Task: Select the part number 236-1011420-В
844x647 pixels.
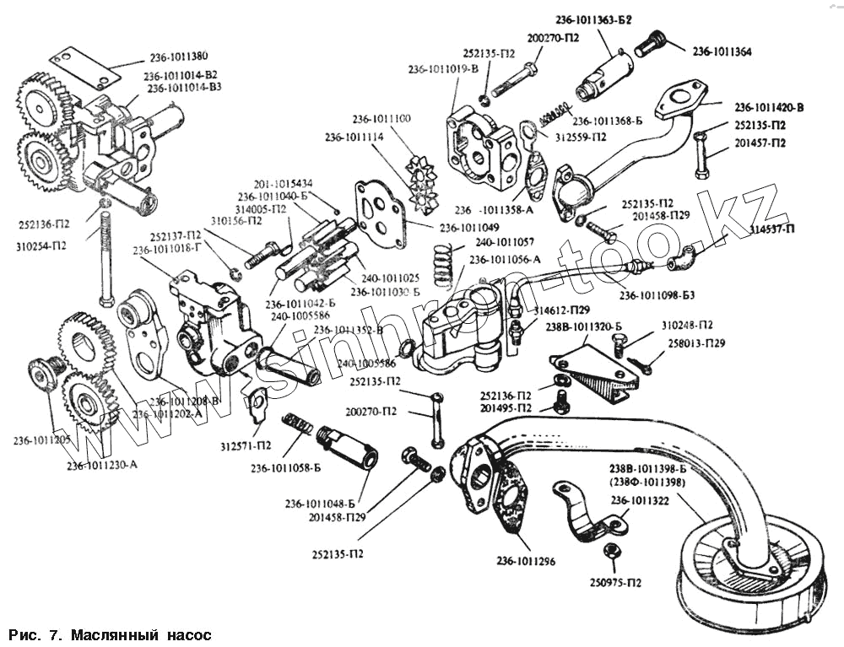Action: click(x=769, y=107)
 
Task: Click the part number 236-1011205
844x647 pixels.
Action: click(x=41, y=440)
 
